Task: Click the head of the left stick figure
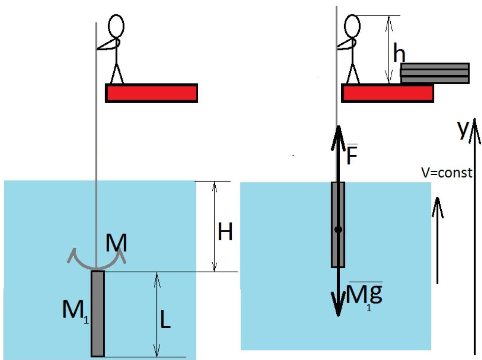pyautogui.click(x=116, y=26)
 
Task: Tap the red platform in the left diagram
pyautogui.click(x=151, y=93)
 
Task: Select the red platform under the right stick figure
pyautogui.click(x=387, y=93)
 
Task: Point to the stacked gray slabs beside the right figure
pyautogui.click(x=435, y=73)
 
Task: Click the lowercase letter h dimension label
pyautogui.click(x=399, y=55)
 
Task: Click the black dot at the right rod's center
pyautogui.click(x=338, y=230)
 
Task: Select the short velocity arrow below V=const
pyautogui.click(x=437, y=239)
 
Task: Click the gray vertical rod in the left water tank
pyautogui.click(x=98, y=313)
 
